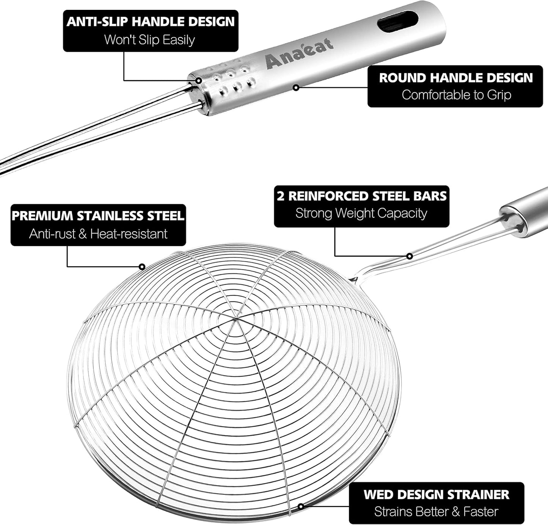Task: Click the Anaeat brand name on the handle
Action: pyautogui.click(x=299, y=54)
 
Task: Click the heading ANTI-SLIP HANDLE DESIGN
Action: pyautogui.click(x=151, y=22)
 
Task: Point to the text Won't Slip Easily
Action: pyautogui.click(x=149, y=40)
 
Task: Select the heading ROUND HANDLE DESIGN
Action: pyautogui.click(x=456, y=78)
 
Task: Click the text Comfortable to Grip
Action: pyautogui.click(x=456, y=95)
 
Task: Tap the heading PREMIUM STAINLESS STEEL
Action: pyautogui.click(x=98, y=216)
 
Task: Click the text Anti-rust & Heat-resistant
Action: pyautogui.click(x=98, y=234)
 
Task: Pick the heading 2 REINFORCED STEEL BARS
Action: pyautogui.click(x=361, y=196)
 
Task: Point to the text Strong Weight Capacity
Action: pyautogui.click(x=361, y=213)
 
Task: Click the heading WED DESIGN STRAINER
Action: pyautogui.click(x=436, y=494)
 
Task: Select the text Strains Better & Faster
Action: pyautogui.click(x=436, y=512)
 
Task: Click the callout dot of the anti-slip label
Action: pyautogui.click(x=198, y=80)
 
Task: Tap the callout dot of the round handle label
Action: pyautogui.click(x=296, y=88)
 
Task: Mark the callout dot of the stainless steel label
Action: pyautogui.click(x=142, y=267)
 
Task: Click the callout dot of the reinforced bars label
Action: pyautogui.click(x=410, y=256)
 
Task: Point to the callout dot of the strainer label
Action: pyautogui.click(x=301, y=506)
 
